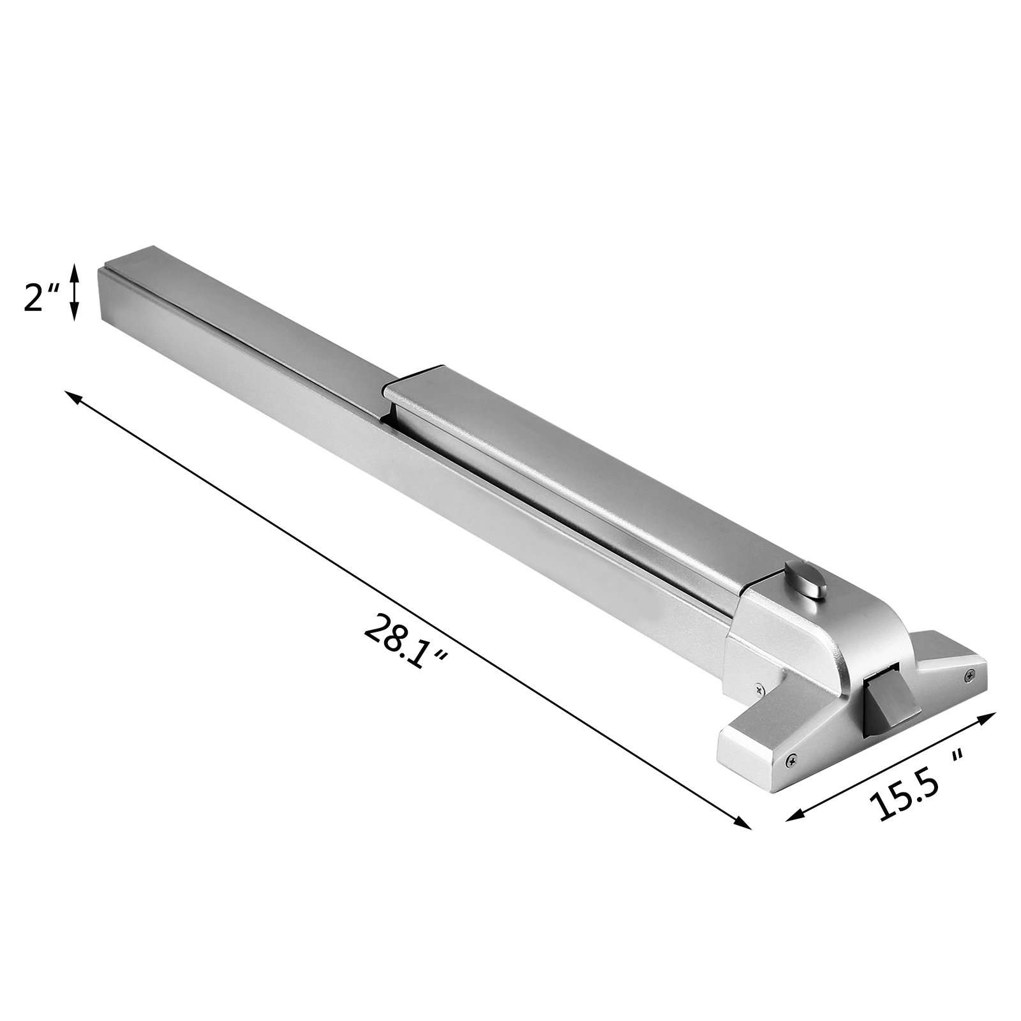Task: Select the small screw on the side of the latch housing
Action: pyautogui.click(x=757, y=689)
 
